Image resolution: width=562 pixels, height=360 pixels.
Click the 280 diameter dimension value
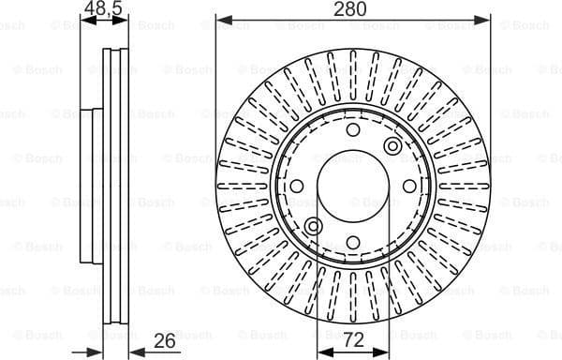coord(353,10)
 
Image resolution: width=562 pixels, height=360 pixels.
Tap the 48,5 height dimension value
coord(103,9)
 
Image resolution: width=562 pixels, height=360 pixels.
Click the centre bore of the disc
coord(352,187)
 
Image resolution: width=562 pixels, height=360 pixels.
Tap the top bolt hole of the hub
coord(352,130)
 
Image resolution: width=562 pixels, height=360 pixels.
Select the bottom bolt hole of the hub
coord(352,244)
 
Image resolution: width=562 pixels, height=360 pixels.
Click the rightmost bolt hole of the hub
coord(409,187)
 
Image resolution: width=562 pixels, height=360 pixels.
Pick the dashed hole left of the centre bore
coord(296,187)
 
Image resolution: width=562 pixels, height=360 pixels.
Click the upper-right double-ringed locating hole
coord(392,146)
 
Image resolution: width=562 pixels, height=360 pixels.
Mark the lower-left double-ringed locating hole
coord(313,227)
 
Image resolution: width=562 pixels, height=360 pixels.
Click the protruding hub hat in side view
coord(90,187)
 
